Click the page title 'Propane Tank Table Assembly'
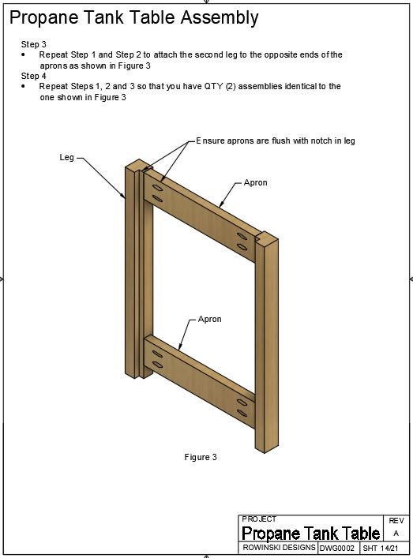click(133, 17)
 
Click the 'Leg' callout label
click(67, 158)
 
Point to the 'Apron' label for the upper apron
click(255, 182)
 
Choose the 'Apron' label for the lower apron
click(209, 320)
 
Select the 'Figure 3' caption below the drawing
click(201, 457)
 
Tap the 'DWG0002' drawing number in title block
click(337, 548)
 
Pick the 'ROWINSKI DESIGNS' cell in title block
click(278, 548)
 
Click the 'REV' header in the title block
click(396, 521)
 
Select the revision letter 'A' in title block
click(396, 534)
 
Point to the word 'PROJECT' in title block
click(259, 519)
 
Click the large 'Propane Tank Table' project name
click(310, 534)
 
